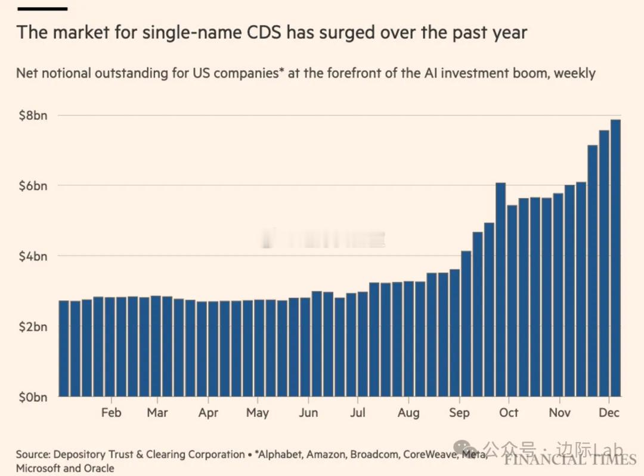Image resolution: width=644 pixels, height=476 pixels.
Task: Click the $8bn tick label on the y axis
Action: point(32,115)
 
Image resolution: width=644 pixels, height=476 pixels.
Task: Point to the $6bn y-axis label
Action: point(32,185)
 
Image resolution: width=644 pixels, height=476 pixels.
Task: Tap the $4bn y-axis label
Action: point(32,256)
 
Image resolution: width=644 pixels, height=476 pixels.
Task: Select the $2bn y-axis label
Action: point(32,326)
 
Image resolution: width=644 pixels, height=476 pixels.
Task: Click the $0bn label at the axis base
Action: point(32,397)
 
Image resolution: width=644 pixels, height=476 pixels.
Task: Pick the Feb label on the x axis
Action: point(111,413)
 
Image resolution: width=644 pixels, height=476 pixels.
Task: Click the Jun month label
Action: point(308,413)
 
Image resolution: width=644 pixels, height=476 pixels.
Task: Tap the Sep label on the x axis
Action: point(459,413)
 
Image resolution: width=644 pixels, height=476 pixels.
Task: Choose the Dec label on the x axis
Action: point(608,413)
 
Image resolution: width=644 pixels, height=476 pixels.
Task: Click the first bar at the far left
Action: point(64,348)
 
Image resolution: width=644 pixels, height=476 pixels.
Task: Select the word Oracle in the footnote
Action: point(97,468)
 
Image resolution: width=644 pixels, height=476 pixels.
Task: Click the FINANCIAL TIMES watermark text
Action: point(569,459)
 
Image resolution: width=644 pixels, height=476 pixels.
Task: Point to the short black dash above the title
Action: point(42,9)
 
